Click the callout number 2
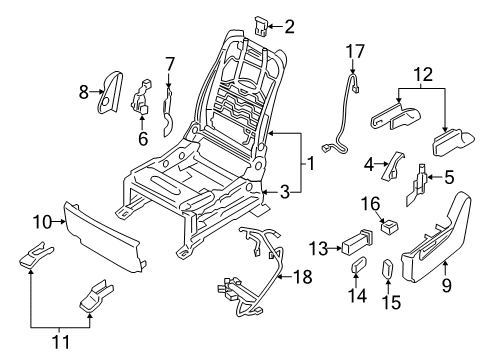(289, 27)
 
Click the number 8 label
(83, 93)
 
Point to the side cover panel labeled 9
(440, 250)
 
